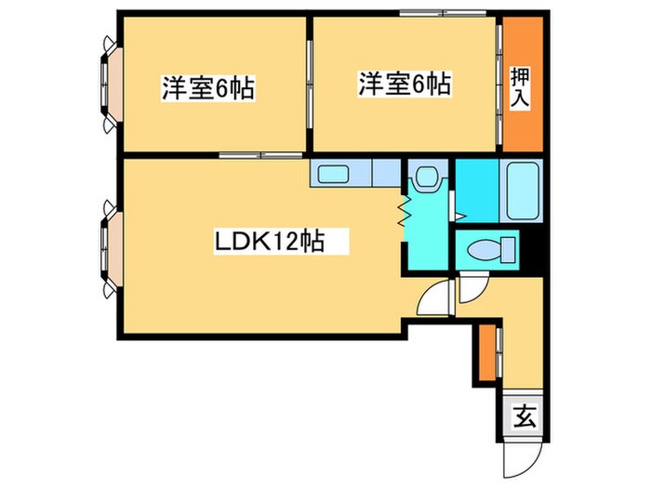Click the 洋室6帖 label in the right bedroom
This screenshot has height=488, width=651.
coord(405,85)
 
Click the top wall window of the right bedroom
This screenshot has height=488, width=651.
coord(430,13)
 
